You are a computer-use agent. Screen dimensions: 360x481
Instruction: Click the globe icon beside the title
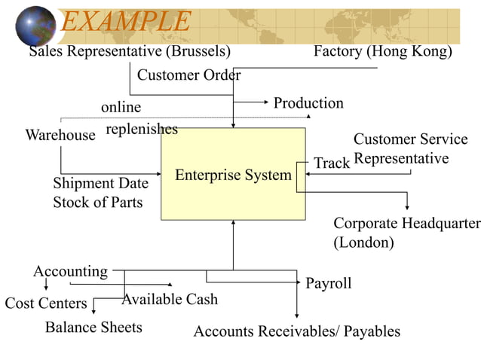click(x=35, y=26)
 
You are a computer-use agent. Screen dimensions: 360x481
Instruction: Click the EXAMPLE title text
click(x=125, y=21)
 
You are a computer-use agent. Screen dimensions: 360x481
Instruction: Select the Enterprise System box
click(x=233, y=174)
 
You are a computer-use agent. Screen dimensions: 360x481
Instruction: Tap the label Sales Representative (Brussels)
click(x=130, y=51)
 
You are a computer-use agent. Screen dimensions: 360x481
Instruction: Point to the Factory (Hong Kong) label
click(x=382, y=51)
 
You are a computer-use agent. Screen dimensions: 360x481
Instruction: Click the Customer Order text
click(x=188, y=75)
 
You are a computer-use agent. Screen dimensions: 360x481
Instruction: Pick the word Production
click(x=308, y=103)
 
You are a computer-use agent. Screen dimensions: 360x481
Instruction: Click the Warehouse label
click(x=60, y=136)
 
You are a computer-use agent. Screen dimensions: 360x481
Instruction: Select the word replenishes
click(x=142, y=129)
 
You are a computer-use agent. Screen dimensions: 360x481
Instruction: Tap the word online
click(x=121, y=108)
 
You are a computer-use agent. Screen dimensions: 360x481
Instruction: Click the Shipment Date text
click(x=100, y=183)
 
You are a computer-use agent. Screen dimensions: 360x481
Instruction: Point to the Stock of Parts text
click(x=97, y=202)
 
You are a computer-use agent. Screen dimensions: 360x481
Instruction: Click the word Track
click(x=332, y=163)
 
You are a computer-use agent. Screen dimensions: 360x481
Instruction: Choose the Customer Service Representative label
click(x=410, y=148)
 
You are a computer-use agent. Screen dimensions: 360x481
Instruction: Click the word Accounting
click(x=70, y=271)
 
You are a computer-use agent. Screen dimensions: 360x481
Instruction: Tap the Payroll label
click(x=328, y=283)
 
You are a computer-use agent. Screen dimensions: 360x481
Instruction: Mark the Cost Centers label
click(x=46, y=303)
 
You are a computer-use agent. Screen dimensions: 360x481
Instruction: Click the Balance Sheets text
click(x=93, y=327)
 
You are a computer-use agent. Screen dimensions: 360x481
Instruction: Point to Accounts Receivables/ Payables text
click(x=297, y=331)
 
